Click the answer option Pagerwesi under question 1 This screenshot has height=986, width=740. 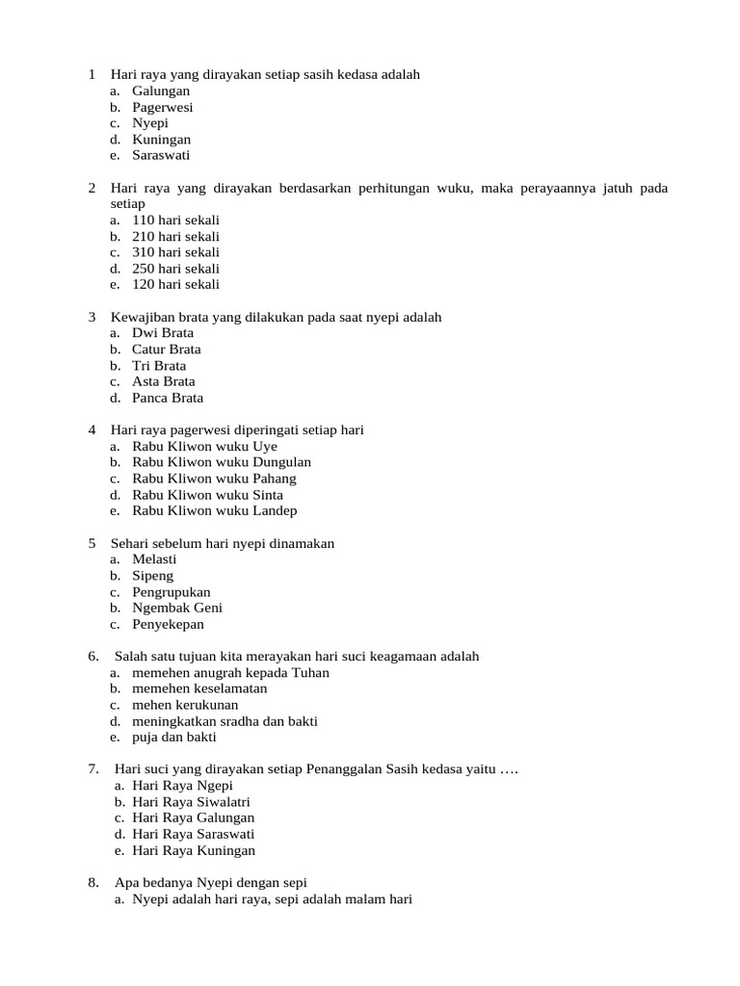pyautogui.click(x=162, y=107)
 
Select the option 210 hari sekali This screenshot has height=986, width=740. pyautogui.click(x=175, y=236)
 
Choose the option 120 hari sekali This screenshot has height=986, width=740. pyautogui.click(x=175, y=284)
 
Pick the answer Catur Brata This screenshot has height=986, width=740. pyautogui.click(x=166, y=349)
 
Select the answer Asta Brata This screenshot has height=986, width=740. pyautogui.click(x=164, y=381)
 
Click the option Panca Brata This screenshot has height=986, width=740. pyautogui.click(x=168, y=398)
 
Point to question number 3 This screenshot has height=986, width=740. pyautogui.click(x=92, y=317)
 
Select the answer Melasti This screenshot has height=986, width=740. pyautogui.click(x=155, y=558)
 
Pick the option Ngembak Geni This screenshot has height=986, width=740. pyautogui.click(x=177, y=608)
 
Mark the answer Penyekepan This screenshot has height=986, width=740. pyautogui.click(x=168, y=624)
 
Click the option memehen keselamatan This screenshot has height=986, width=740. pyautogui.click(x=199, y=688)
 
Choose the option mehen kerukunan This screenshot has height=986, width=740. pyautogui.click(x=185, y=705)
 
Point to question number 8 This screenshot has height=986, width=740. pyautogui.click(x=93, y=882)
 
